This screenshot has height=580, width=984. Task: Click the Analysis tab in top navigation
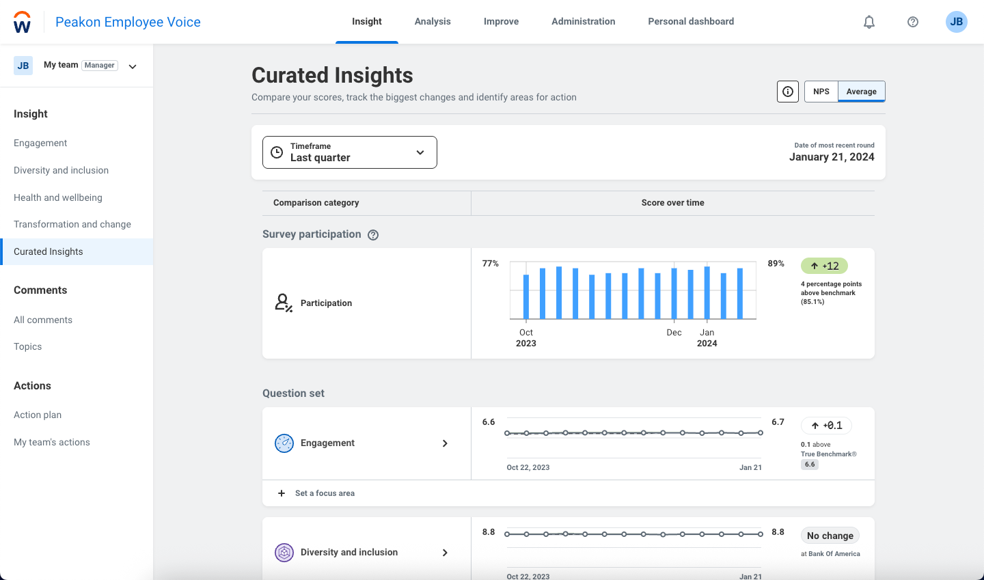(x=433, y=21)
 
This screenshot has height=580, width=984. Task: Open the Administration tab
(x=583, y=21)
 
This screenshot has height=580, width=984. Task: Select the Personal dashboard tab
(x=691, y=21)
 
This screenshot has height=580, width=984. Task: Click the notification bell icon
(x=869, y=22)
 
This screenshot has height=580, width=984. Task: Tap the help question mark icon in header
(x=913, y=22)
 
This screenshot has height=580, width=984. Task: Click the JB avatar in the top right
(x=956, y=22)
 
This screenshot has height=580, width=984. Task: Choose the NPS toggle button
(x=821, y=92)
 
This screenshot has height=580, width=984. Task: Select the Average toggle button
(x=861, y=92)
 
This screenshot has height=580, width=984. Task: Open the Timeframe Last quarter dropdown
(x=349, y=152)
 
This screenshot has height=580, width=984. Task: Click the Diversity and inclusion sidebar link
(x=61, y=170)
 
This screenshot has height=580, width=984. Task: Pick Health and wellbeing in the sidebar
(x=58, y=197)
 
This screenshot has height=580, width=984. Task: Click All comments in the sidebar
(x=43, y=320)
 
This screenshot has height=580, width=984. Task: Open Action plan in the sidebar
(x=38, y=415)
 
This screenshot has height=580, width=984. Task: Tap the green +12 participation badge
(x=824, y=266)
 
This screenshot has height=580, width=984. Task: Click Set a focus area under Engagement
(x=324, y=493)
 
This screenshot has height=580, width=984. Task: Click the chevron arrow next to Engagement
(x=445, y=443)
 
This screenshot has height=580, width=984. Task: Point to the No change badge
(x=830, y=536)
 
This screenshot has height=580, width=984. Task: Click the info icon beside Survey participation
(x=373, y=235)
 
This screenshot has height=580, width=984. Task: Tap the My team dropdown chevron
(x=133, y=66)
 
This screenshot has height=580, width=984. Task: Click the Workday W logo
(x=22, y=23)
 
